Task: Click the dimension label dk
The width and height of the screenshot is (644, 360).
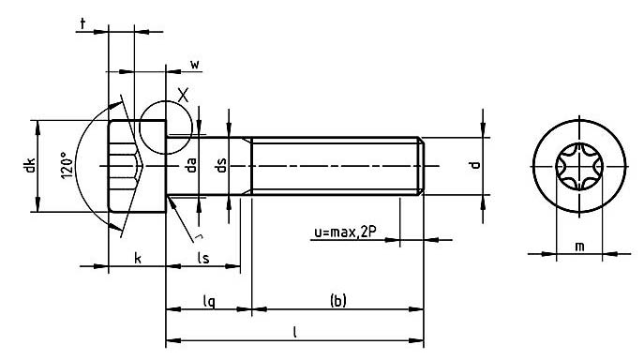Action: [31, 165]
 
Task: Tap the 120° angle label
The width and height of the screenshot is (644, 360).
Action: [67, 165]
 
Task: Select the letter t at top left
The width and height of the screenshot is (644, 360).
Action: [83, 24]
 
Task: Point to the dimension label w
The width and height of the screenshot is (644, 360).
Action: [195, 65]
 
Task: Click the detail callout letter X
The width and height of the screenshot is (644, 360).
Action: [183, 96]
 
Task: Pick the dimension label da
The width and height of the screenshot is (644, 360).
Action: [192, 165]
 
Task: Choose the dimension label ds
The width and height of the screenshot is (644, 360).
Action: [221, 165]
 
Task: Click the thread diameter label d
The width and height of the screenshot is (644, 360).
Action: [475, 165]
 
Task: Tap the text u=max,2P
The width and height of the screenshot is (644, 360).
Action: [345, 232]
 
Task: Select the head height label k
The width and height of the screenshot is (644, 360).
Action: [138, 259]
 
